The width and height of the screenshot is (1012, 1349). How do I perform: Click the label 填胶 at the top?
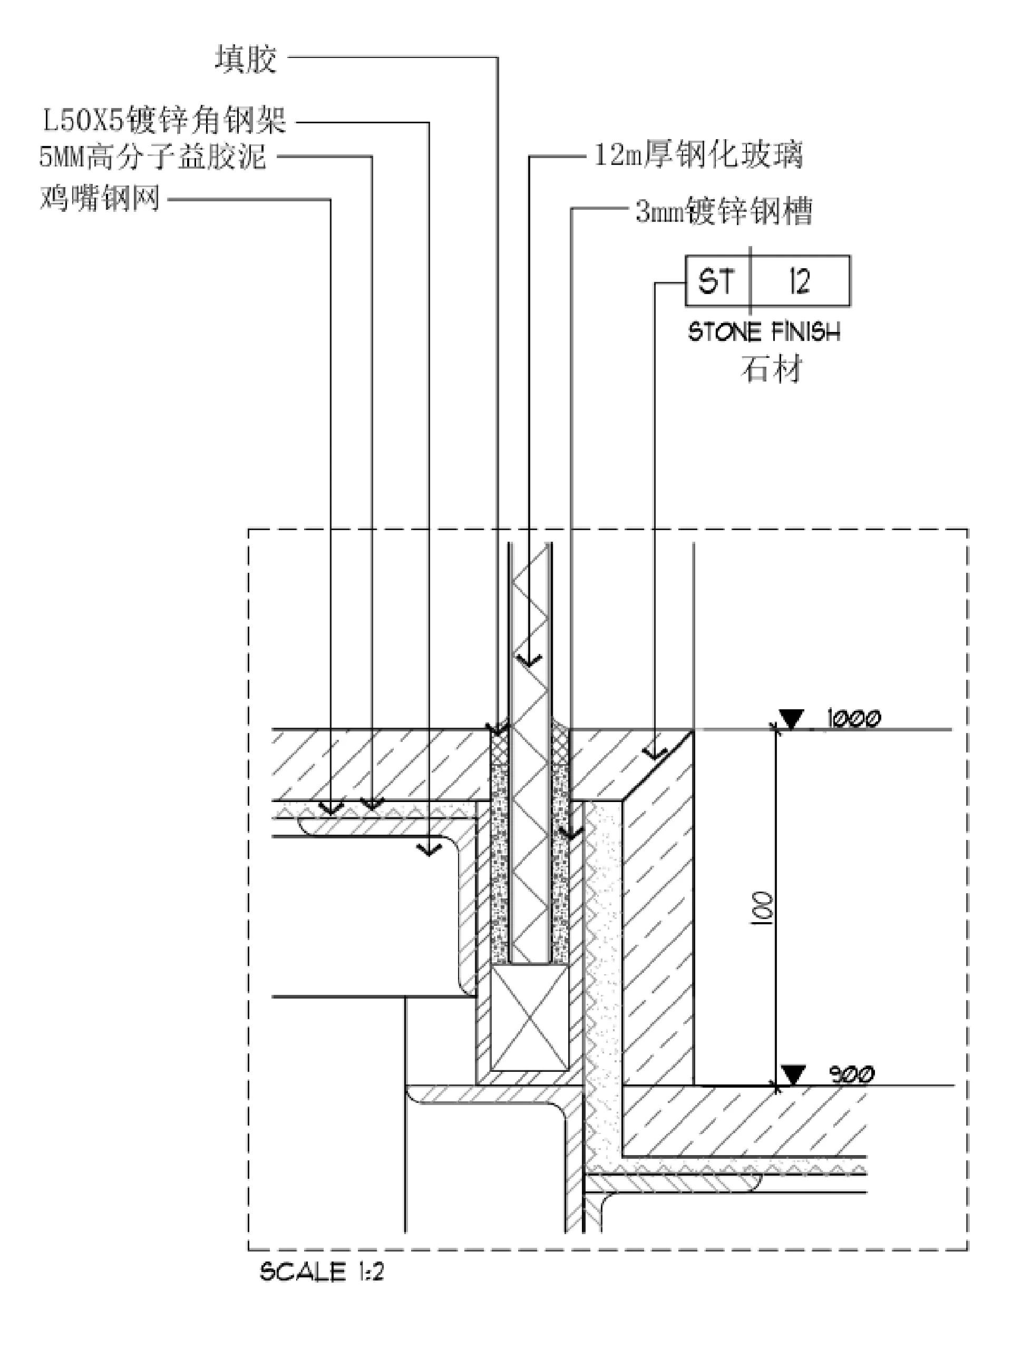click(x=246, y=60)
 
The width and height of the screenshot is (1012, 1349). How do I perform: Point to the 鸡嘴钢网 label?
click(x=100, y=198)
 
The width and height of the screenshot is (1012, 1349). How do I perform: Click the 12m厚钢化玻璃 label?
click(x=698, y=155)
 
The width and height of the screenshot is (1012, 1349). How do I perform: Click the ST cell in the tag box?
click(x=717, y=281)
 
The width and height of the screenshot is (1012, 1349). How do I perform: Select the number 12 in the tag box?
click(x=799, y=281)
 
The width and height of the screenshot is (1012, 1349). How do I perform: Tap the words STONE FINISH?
click(x=764, y=333)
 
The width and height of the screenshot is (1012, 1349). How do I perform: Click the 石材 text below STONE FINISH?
click(x=771, y=369)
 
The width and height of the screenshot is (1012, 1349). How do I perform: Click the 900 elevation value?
click(x=852, y=1074)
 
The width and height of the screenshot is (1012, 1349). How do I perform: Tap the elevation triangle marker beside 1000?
click(x=792, y=719)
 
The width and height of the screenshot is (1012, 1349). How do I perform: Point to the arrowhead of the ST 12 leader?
click(x=654, y=755)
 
